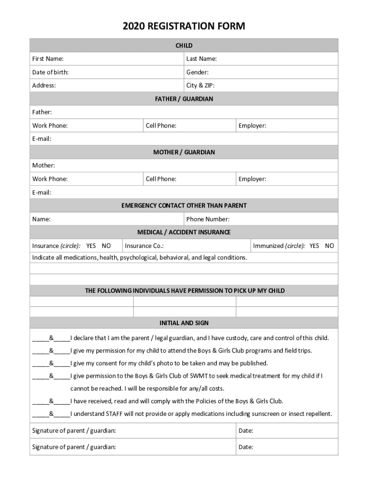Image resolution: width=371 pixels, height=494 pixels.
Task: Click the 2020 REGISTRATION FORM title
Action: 184,26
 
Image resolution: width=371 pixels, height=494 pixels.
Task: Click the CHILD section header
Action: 184,45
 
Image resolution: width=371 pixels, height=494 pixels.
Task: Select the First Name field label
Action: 48,59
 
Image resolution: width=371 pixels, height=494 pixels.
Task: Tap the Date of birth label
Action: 50,72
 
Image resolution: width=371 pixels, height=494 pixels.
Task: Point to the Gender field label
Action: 198,72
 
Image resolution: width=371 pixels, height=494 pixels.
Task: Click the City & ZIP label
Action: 200,85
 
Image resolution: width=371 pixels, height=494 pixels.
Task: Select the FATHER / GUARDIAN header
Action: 184,99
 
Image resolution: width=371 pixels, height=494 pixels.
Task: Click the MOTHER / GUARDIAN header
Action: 184,152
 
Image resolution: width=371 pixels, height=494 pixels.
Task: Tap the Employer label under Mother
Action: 252,179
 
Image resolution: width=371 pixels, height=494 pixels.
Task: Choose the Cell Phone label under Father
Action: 161,126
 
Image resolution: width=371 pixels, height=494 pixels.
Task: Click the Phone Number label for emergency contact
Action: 208,219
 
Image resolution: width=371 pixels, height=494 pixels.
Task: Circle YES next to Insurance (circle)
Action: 92,246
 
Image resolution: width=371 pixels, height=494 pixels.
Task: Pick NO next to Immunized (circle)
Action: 330,246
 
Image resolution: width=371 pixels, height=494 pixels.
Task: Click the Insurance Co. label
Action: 144,246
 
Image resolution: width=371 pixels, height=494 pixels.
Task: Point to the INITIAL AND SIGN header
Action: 184,323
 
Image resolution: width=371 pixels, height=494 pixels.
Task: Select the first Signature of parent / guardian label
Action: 74,430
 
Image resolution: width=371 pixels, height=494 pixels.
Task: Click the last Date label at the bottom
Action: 246,447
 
